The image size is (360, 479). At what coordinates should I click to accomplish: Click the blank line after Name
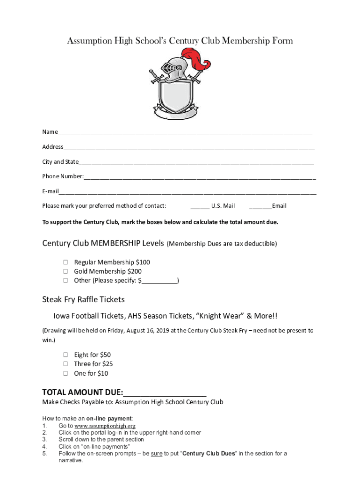(x=185, y=133)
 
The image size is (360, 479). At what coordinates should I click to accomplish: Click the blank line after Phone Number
(x=200, y=177)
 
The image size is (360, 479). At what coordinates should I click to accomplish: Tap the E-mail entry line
(x=187, y=192)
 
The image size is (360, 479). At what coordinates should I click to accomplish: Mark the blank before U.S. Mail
(x=200, y=207)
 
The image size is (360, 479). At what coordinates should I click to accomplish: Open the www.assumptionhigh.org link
(x=105, y=426)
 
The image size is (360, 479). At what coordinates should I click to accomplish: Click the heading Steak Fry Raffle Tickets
(x=83, y=299)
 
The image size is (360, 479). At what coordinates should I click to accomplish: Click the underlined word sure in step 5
(x=157, y=453)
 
